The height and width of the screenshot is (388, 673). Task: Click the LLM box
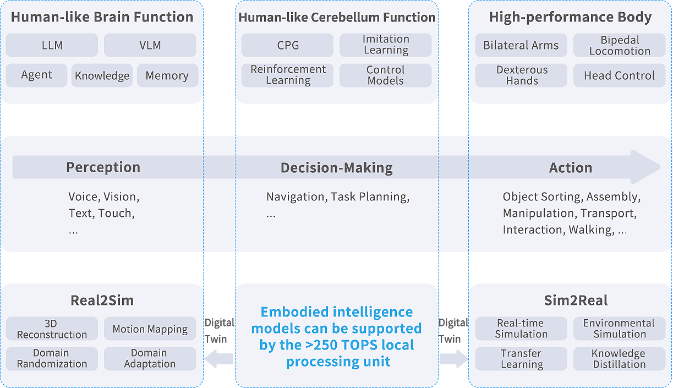click(x=52, y=45)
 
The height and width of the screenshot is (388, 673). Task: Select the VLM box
click(x=150, y=45)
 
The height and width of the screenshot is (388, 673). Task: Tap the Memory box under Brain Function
click(x=167, y=76)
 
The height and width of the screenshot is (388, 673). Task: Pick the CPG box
click(x=287, y=45)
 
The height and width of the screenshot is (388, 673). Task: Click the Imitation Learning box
click(x=386, y=45)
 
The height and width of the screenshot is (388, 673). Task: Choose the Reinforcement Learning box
click(x=287, y=75)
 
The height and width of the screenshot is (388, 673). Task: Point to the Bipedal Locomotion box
click(x=620, y=46)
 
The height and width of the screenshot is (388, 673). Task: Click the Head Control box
click(x=620, y=76)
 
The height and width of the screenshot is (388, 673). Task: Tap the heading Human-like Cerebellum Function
click(x=337, y=17)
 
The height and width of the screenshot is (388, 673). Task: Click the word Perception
click(x=103, y=167)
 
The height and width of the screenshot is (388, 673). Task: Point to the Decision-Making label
click(x=337, y=167)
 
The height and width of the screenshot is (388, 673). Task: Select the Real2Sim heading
click(x=102, y=300)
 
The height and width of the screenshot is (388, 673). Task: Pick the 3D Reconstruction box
click(x=52, y=329)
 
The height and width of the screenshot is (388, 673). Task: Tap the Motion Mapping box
click(x=150, y=329)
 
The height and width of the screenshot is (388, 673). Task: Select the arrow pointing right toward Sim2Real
click(x=453, y=359)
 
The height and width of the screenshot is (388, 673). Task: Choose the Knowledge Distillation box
click(x=620, y=359)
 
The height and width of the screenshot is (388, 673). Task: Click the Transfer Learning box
click(x=521, y=359)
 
